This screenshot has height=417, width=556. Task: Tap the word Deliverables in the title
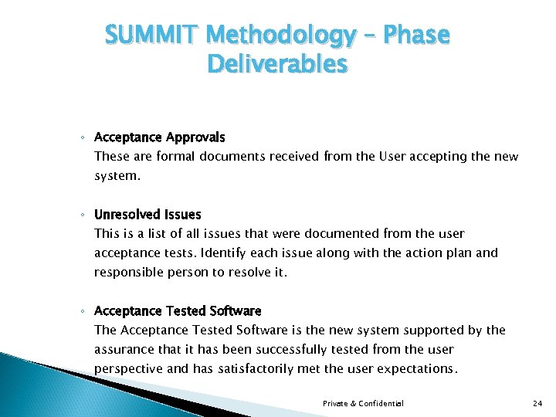pyautogui.click(x=277, y=64)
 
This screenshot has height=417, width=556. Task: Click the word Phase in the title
pyautogui.click(x=418, y=35)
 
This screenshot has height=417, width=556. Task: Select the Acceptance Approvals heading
pyautogui.click(x=159, y=137)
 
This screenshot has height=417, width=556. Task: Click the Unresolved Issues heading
pyautogui.click(x=147, y=215)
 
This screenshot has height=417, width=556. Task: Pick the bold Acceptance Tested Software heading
pyautogui.click(x=178, y=311)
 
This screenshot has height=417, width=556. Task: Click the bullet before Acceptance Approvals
pyautogui.click(x=83, y=138)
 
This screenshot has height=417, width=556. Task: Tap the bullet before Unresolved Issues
pyautogui.click(x=83, y=215)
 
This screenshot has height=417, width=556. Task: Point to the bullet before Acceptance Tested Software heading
pyautogui.click(x=83, y=312)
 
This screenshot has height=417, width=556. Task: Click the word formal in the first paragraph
pyautogui.click(x=175, y=157)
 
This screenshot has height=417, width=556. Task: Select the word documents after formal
pyautogui.click(x=230, y=157)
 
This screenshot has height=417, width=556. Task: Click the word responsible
pyautogui.click(x=128, y=272)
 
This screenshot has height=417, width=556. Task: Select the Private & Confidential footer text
pyautogui.click(x=363, y=403)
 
